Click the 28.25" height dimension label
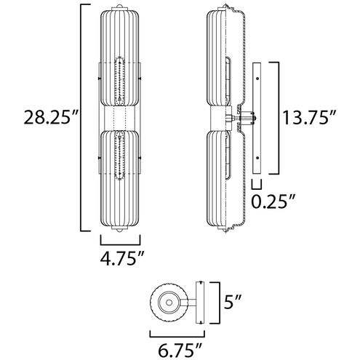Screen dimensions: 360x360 50,117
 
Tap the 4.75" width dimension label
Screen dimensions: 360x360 122,258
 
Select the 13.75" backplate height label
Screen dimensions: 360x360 309,118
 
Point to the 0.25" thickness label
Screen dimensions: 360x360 273,201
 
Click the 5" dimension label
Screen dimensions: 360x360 232,302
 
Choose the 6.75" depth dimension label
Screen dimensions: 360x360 180,350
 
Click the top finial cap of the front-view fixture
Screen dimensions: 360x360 119,7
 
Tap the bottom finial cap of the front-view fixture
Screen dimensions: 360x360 119,228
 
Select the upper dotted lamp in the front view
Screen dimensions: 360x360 119,81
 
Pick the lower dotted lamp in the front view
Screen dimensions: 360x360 119,155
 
